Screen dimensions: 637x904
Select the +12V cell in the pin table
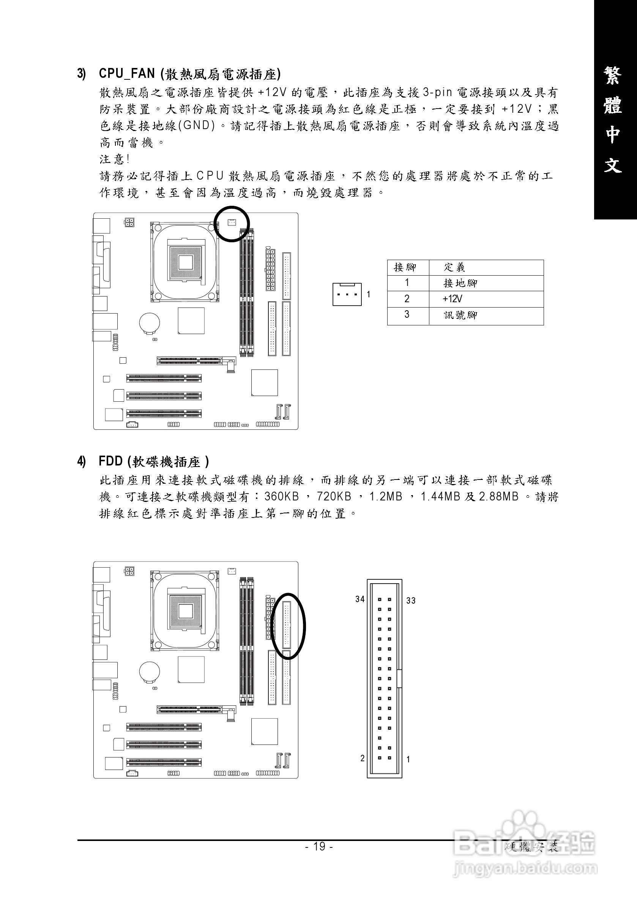[453, 299]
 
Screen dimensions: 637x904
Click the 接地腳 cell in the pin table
[460, 283]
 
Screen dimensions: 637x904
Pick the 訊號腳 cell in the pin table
[460, 315]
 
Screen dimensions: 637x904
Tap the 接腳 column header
[405, 267]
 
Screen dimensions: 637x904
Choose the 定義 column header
[454, 267]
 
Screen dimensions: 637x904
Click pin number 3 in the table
[407, 314]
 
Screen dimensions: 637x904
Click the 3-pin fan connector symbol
[347, 295]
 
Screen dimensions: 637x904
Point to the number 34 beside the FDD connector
[360, 599]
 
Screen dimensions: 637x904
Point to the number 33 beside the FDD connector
[411, 600]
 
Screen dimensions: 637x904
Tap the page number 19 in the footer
[319, 846]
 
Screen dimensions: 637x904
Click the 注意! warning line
[114, 159]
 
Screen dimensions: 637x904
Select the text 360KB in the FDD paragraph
[282, 497]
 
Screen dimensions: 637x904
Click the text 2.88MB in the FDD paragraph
[499, 497]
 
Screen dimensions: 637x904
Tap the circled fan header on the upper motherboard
[232, 223]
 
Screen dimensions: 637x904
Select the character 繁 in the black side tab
[613, 75]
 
